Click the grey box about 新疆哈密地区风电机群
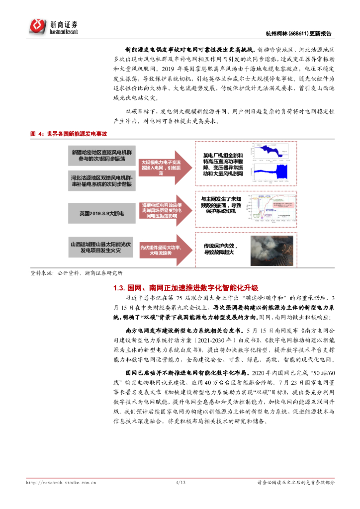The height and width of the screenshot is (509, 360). click(x=101, y=155)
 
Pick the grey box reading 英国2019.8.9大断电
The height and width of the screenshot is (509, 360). click(x=101, y=213)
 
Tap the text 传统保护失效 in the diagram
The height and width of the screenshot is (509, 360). click(x=218, y=246)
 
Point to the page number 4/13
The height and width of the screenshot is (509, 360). click(x=180, y=482)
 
